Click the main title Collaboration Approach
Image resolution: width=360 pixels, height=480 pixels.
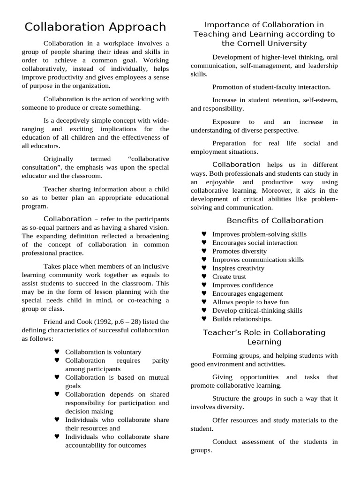tap(95, 27)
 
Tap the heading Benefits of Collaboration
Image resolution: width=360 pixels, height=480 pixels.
tap(275, 220)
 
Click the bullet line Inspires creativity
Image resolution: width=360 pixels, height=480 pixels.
tap(238, 268)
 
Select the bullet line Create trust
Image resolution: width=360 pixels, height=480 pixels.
tap(229, 277)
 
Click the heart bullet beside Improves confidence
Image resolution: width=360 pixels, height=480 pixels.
tap(204, 285)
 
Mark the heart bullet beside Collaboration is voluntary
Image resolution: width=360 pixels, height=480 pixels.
tap(57, 352)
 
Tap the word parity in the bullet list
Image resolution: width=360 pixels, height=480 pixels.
tap(161, 360)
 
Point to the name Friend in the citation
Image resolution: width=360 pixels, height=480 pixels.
tap(53, 322)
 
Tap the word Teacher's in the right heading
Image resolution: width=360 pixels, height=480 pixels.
tap(220, 332)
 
